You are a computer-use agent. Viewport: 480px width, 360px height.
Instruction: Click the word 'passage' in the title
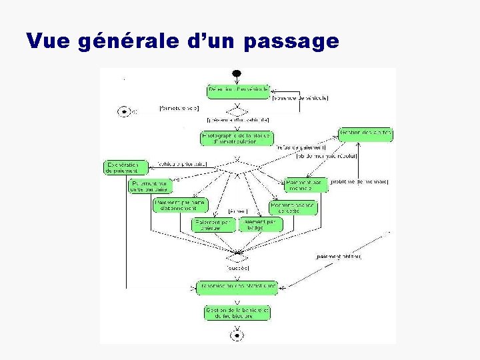[292, 42]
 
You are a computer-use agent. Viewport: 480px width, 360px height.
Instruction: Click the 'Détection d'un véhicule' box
[237, 89]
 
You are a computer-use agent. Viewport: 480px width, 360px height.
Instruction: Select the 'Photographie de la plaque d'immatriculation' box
[228, 138]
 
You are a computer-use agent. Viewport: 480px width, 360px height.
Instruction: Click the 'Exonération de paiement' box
[126, 167]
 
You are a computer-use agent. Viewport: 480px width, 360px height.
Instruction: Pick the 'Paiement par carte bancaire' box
[150, 186]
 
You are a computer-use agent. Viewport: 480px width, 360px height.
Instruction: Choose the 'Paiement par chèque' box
[213, 225]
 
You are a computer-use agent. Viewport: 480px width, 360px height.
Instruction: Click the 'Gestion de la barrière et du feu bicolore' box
[237, 313]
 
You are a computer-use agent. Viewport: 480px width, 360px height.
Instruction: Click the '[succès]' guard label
[238, 267]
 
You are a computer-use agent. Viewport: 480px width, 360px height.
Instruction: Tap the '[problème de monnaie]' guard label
[359, 181]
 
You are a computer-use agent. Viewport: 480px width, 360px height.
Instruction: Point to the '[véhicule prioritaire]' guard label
[183, 165]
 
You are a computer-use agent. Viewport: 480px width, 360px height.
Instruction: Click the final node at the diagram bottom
[237, 336]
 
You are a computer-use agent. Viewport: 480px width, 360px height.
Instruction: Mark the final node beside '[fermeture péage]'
[124, 111]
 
